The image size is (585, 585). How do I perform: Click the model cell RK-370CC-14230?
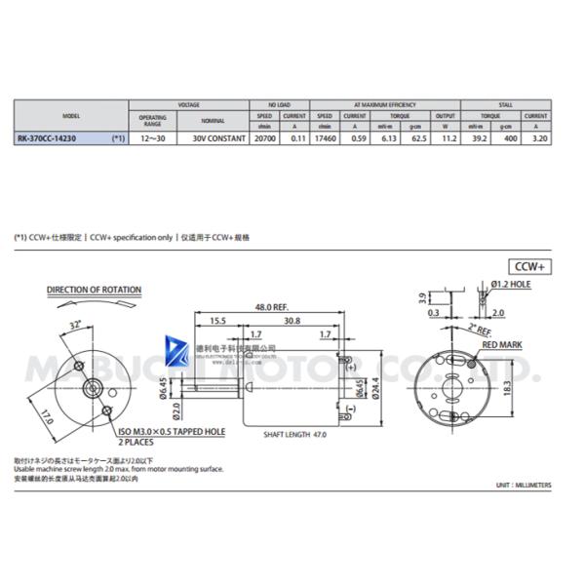click(x=49, y=139)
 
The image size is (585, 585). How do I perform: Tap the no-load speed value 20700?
click(x=263, y=139)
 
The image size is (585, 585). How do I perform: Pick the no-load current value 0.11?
click(x=294, y=139)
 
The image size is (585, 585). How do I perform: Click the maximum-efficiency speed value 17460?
click(x=325, y=139)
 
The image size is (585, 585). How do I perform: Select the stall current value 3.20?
click(x=535, y=139)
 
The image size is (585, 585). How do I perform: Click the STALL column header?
click(x=505, y=103)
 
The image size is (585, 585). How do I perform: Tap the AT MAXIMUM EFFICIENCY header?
click(x=384, y=103)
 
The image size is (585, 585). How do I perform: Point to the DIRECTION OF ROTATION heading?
click(x=94, y=291)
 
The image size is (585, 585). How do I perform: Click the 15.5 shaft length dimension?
click(x=216, y=321)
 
